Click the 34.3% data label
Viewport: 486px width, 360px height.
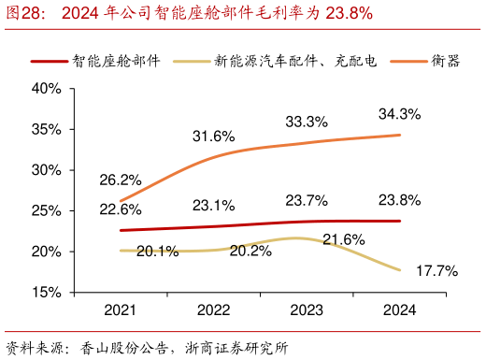(399, 113)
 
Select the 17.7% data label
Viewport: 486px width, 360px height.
(436, 271)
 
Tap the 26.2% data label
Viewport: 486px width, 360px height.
(121, 180)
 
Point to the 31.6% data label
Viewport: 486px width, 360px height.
(213, 137)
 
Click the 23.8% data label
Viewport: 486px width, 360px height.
(399, 199)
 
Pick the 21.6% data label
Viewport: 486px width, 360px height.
(343, 239)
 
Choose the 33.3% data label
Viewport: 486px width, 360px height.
(306, 122)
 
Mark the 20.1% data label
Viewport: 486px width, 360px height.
(157, 251)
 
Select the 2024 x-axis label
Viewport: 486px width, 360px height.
(399, 310)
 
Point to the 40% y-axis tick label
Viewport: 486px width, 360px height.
(47, 89)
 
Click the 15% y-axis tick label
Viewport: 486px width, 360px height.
(47, 293)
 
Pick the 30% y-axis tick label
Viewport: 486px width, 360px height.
(47, 170)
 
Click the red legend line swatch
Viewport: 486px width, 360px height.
(50, 61)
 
